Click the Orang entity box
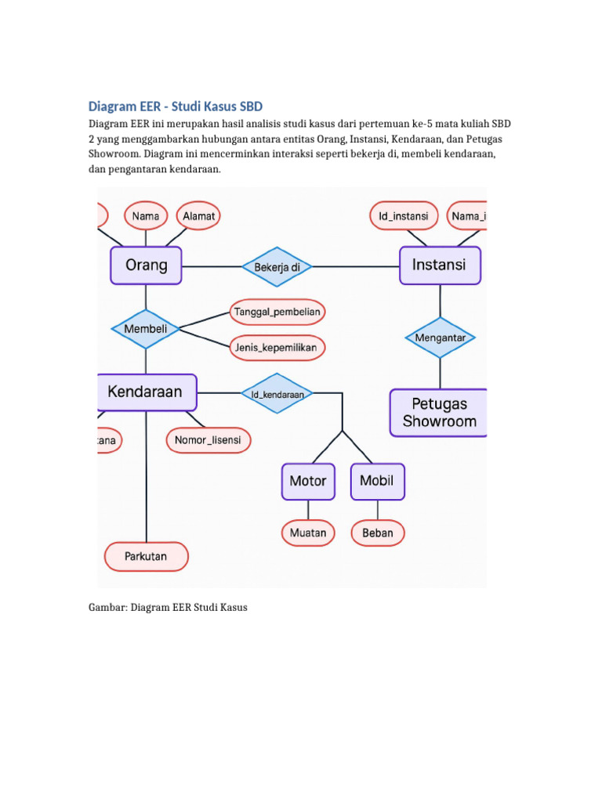(x=146, y=266)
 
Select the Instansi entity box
(x=440, y=266)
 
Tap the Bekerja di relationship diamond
(x=277, y=267)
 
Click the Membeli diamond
(x=146, y=329)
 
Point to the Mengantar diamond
(x=440, y=338)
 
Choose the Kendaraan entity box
(x=146, y=392)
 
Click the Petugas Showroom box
(x=439, y=413)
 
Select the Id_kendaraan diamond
(x=277, y=394)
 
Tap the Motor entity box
(x=308, y=481)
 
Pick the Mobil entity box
(x=377, y=481)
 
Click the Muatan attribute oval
(x=308, y=533)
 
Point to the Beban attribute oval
(x=378, y=533)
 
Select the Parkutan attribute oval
(x=146, y=557)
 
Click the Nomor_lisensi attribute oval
(x=209, y=440)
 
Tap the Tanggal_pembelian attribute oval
(x=277, y=312)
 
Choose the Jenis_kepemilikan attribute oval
(x=277, y=347)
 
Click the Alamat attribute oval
(x=198, y=215)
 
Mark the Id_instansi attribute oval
(x=403, y=215)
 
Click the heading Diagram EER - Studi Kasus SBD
(x=175, y=106)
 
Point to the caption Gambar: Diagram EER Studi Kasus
(x=167, y=607)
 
